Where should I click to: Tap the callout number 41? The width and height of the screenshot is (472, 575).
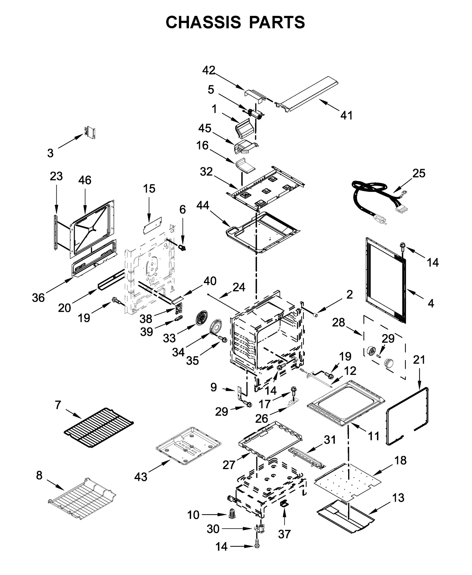point(346,115)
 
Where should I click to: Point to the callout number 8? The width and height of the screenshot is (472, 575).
point(39,476)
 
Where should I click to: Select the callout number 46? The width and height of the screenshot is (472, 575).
point(85,180)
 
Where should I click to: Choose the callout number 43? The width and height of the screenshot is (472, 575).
point(141,477)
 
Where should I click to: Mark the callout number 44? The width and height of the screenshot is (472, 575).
point(203,205)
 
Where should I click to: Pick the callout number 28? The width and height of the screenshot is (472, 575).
point(338,322)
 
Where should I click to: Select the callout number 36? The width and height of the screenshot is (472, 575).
point(38,298)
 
